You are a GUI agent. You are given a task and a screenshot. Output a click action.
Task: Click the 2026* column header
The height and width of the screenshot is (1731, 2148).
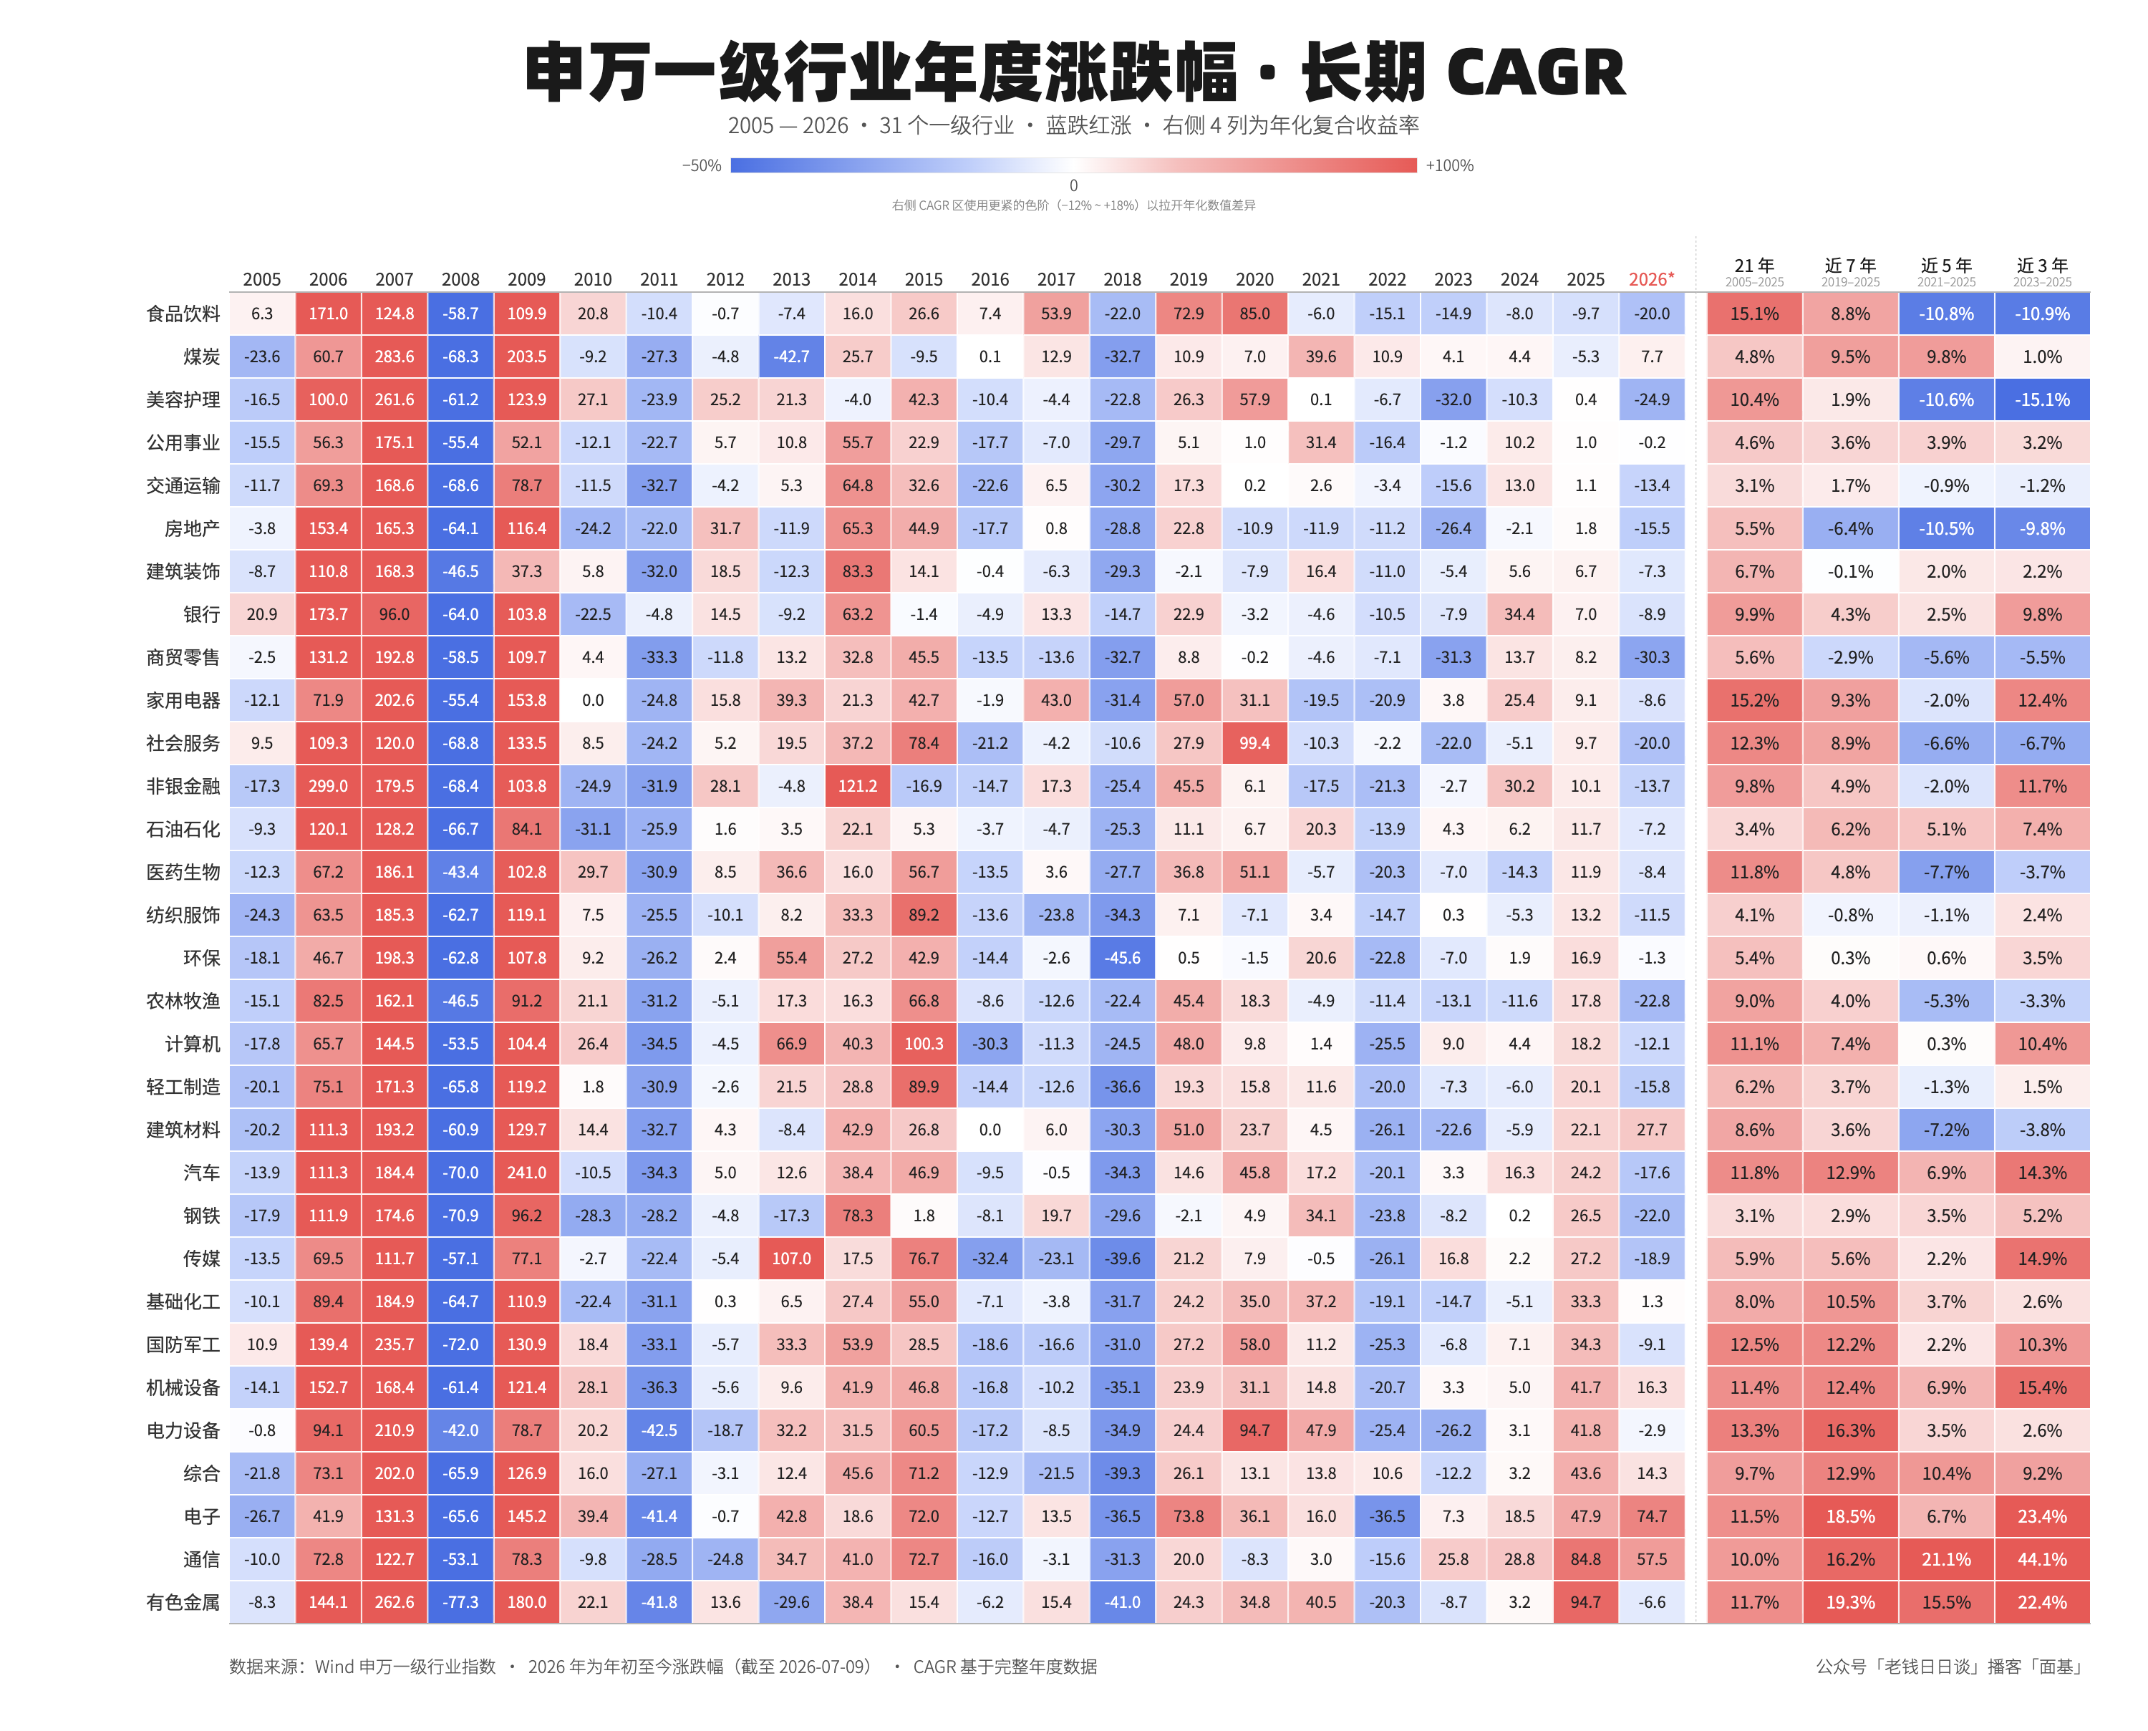[1651, 279]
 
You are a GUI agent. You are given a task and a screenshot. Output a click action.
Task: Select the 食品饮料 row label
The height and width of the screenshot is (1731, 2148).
[183, 314]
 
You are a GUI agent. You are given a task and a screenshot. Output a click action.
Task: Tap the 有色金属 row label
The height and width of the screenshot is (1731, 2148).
[183, 1602]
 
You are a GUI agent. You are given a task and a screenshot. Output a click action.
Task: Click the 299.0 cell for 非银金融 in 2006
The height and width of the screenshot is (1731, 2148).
[328, 787]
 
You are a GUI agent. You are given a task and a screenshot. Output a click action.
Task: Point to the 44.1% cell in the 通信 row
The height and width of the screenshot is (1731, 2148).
[2041, 1559]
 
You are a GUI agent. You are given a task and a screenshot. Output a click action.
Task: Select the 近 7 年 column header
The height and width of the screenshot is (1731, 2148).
[1850, 265]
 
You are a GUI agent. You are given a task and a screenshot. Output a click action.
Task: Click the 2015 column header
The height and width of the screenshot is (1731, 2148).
[924, 279]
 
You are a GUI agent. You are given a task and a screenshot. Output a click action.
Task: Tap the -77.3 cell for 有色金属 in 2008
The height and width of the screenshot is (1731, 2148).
[460, 1602]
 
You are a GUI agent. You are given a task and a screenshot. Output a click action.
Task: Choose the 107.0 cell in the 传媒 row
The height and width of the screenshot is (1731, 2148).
[792, 1259]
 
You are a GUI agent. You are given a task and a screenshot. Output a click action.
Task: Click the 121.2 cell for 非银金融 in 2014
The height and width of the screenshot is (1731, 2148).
[858, 787]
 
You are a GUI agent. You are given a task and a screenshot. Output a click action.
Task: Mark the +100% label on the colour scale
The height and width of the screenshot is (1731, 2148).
[1449, 165]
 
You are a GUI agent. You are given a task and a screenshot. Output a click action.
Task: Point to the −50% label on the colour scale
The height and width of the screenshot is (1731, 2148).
[702, 165]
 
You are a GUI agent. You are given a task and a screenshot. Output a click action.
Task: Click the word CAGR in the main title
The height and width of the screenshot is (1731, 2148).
[1536, 73]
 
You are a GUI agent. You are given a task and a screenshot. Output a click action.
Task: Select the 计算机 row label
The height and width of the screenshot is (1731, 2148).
[193, 1044]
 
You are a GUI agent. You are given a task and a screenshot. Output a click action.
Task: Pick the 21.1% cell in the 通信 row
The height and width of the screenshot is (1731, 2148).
[1945, 1559]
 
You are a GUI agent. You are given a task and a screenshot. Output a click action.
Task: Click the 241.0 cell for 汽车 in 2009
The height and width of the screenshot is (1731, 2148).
[526, 1173]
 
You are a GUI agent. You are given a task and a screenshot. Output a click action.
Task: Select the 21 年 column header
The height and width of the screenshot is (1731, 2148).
[1754, 265]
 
